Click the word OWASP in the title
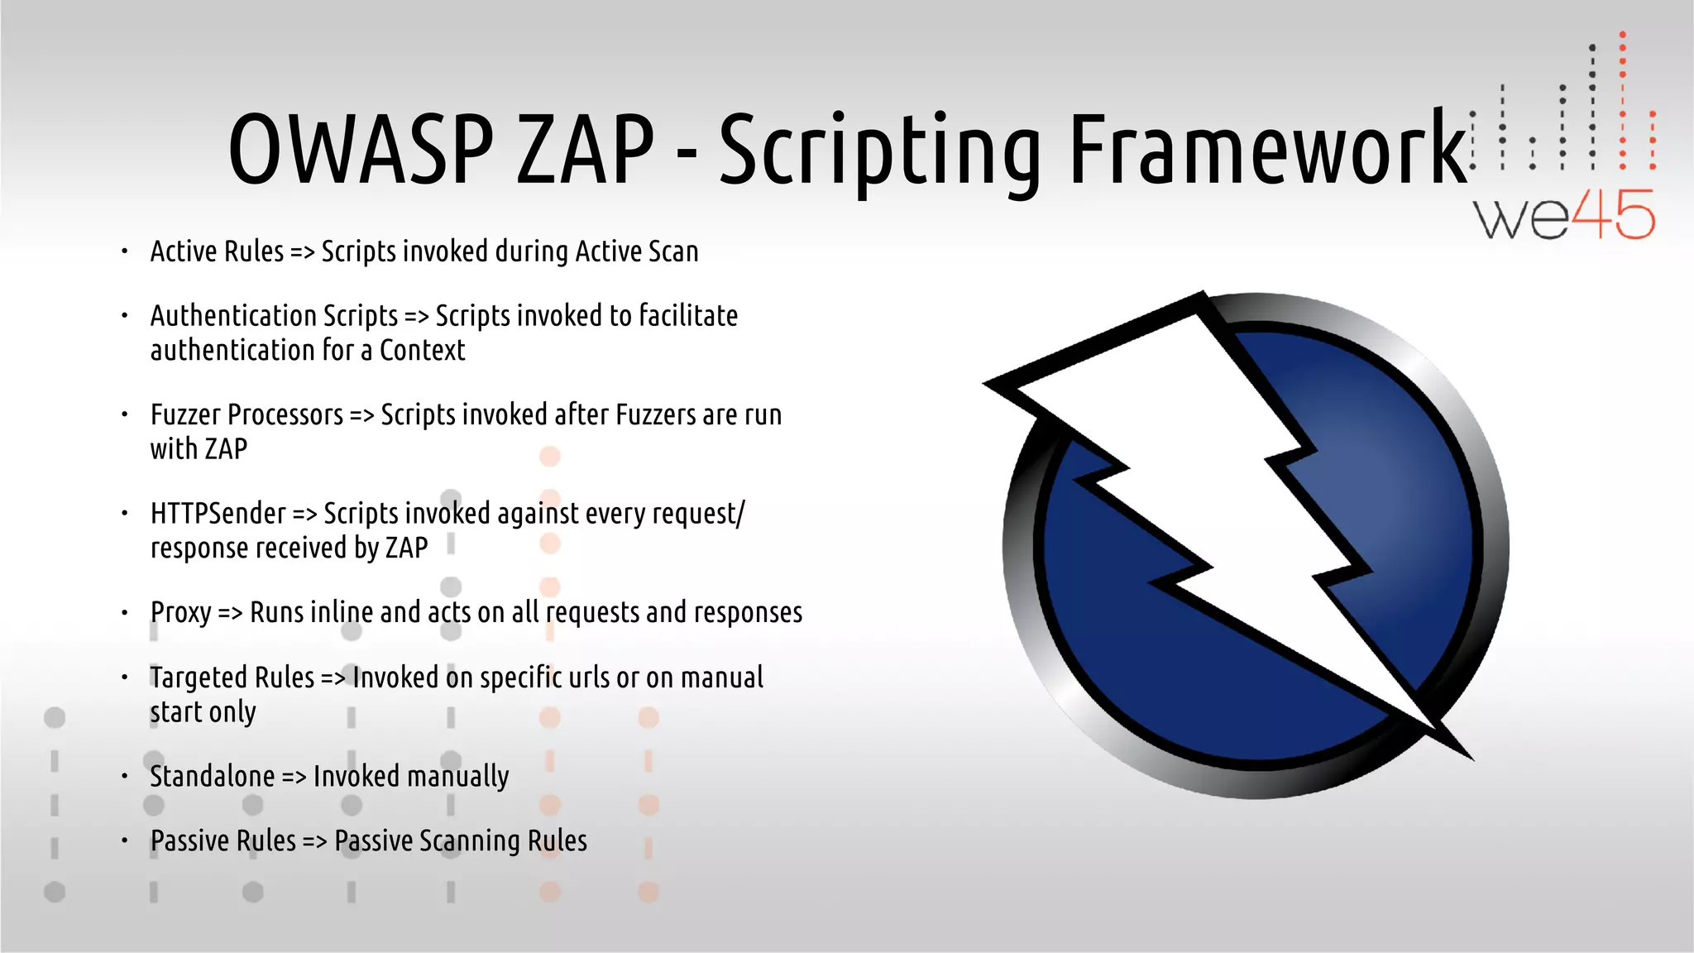click(361, 149)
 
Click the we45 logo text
click(1563, 215)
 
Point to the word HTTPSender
click(218, 514)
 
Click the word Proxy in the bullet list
click(180, 613)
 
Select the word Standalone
click(212, 777)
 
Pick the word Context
click(422, 351)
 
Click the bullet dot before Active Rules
click(124, 251)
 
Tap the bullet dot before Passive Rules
click(124, 841)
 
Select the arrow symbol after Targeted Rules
click(333, 678)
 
